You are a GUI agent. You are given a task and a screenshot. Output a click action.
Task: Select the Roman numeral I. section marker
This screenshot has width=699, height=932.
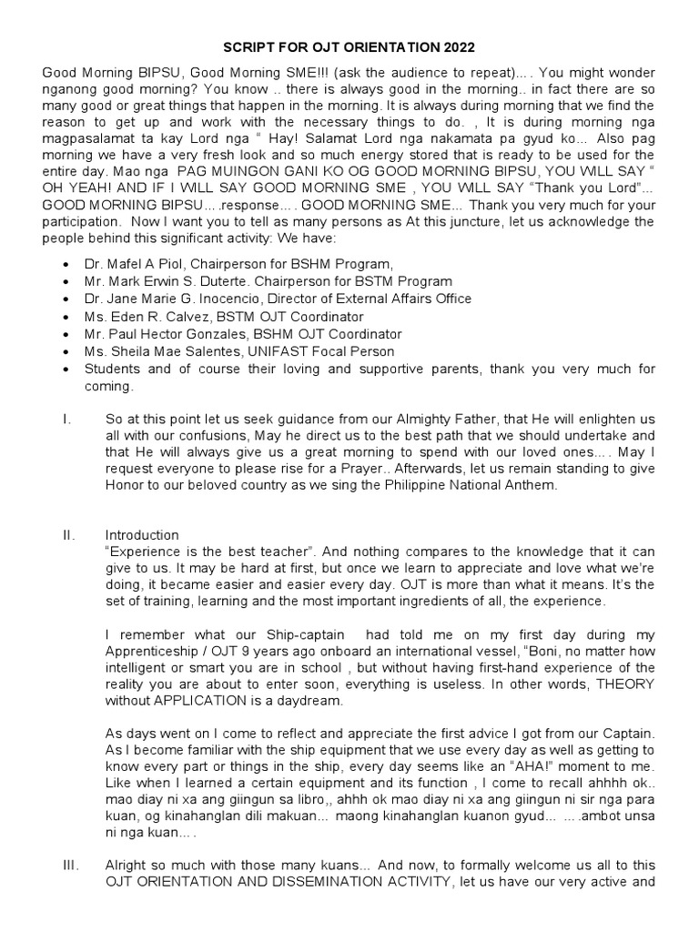[x=65, y=420]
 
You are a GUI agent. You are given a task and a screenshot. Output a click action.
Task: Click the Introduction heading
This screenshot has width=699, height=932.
[x=142, y=535]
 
